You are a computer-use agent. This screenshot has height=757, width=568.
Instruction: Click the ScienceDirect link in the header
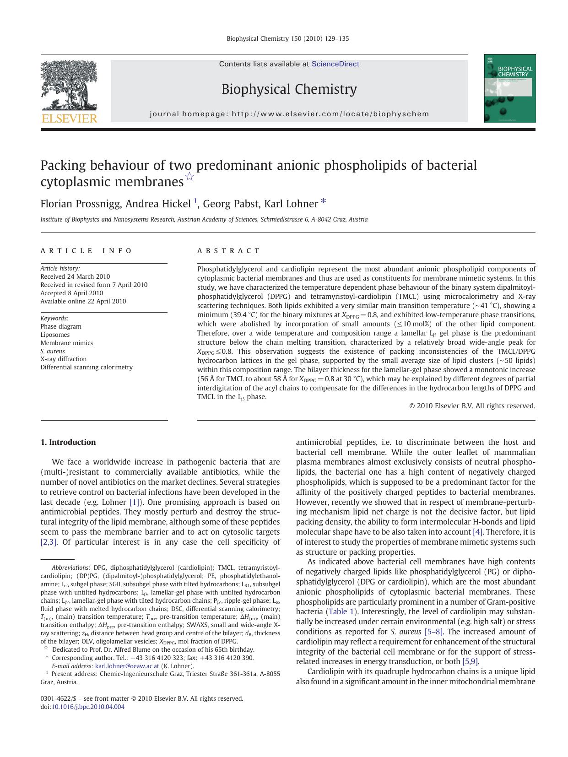[x=335, y=64]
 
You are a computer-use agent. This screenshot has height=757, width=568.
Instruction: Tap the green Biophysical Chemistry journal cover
[x=510, y=88]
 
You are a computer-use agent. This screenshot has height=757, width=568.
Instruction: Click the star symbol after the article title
[x=189, y=177]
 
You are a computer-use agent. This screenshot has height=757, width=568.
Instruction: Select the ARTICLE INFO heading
[x=86, y=251]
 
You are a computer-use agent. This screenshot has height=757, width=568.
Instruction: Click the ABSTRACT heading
[x=228, y=251]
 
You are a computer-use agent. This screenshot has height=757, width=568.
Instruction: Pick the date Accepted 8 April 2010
[x=71, y=293]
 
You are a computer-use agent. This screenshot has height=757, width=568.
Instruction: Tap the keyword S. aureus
[x=53, y=351]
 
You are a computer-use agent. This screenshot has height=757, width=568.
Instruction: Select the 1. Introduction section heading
[x=68, y=442]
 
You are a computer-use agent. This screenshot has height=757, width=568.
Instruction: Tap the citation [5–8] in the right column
[x=433, y=632]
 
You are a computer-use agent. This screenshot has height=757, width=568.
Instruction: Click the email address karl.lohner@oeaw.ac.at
[x=127, y=666]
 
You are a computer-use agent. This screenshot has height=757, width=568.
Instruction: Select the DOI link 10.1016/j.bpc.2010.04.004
[x=87, y=707]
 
